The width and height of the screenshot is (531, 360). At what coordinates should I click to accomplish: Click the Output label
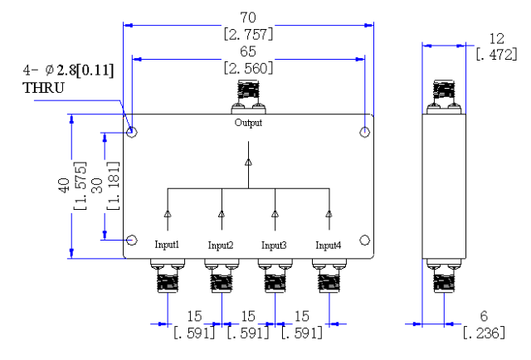coord(248,123)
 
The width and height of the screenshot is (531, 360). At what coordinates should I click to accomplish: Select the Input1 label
coord(167,244)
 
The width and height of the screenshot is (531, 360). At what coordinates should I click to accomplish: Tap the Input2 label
coord(221,245)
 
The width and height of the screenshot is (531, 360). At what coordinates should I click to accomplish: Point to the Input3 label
coord(274,245)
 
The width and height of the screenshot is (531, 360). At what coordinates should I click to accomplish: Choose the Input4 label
coord(329,245)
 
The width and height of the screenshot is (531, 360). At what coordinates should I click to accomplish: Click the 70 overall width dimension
coord(248,17)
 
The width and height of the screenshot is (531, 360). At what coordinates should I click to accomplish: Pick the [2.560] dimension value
coord(248,68)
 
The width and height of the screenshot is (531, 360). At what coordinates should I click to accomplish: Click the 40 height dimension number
coord(64,186)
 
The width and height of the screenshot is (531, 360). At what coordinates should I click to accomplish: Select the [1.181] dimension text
coord(114,186)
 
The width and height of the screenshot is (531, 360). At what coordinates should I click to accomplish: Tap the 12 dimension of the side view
coord(496,39)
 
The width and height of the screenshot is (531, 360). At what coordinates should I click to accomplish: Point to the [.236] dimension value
coord(484,333)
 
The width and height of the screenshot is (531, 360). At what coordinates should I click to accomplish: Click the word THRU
coord(43,88)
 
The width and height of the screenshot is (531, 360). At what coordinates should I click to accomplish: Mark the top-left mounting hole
coord(132,132)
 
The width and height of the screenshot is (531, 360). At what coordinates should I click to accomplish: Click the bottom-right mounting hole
coord(364,241)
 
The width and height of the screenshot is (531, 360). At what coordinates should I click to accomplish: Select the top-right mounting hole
coord(364,132)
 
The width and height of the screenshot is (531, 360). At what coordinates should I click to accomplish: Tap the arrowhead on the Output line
coord(249,163)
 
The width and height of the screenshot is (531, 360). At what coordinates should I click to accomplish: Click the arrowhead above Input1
coord(168,214)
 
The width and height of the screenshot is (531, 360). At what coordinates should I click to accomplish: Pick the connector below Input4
coord(329,275)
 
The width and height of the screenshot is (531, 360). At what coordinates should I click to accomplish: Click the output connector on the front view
coord(249,97)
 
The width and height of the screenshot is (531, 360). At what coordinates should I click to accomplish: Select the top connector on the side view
coord(444,97)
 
